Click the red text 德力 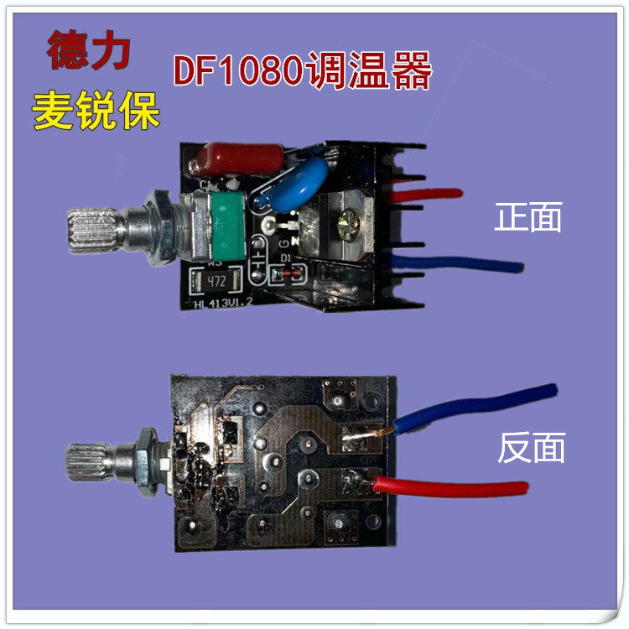[x=88, y=51]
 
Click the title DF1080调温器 [x=302, y=72]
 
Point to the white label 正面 [x=528, y=218]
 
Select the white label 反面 [x=531, y=448]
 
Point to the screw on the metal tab [x=347, y=224]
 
